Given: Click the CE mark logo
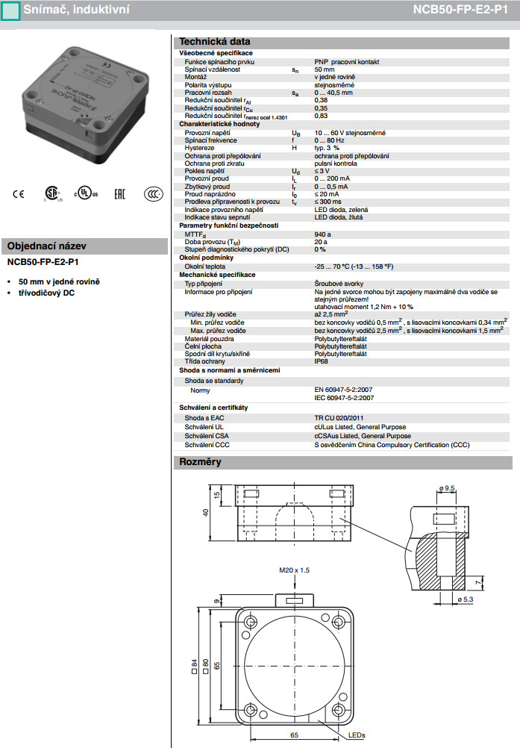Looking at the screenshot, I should pyautogui.click(x=18, y=192).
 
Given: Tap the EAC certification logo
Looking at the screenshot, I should pyautogui.click(x=119, y=192).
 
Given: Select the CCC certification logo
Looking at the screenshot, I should pyautogui.click(x=153, y=192).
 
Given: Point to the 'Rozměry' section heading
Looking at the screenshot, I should pyautogui.click(x=201, y=462).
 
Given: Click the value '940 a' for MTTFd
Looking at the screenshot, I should pyautogui.click(x=323, y=234).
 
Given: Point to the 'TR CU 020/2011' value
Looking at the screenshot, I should pyautogui.click(x=339, y=418).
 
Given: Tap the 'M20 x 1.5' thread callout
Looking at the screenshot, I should pyautogui.click(x=294, y=570).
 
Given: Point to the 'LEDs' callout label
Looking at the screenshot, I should pyautogui.click(x=357, y=736).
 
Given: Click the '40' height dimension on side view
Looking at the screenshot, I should pyautogui.click(x=205, y=512).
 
